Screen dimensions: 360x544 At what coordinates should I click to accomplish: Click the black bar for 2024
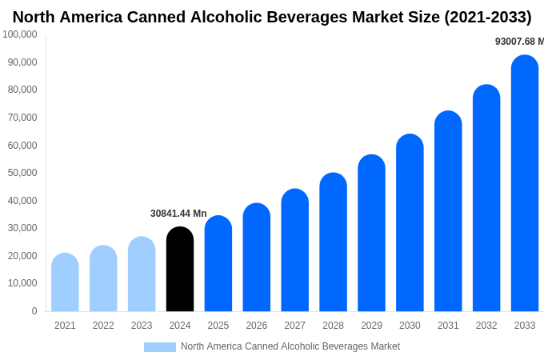[x=180, y=270]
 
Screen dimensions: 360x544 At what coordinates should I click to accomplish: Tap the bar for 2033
[x=525, y=184]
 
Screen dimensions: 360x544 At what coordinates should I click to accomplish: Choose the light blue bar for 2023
[x=142, y=274]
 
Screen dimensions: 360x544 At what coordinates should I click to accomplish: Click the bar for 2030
[x=410, y=223]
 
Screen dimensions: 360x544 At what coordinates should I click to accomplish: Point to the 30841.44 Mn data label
[x=178, y=214]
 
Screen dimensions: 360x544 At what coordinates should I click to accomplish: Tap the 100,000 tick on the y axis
[x=20, y=34]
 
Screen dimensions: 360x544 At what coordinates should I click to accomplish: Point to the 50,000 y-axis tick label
[x=22, y=173]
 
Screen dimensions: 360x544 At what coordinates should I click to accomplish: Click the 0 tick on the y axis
[x=34, y=311]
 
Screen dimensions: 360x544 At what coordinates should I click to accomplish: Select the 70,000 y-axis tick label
[x=22, y=118]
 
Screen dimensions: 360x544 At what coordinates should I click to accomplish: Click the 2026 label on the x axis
[x=257, y=326]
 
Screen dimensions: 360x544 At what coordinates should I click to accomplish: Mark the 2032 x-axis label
[x=486, y=326]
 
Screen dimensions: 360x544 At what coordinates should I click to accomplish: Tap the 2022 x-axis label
[x=103, y=326]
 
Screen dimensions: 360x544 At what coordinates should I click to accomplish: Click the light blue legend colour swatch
[x=159, y=347]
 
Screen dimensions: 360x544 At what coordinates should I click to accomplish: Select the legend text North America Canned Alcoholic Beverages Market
[x=290, y=346]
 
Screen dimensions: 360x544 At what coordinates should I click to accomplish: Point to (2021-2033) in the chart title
[x=487, y=17]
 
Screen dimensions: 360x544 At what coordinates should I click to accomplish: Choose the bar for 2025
[x=218, y=264]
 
